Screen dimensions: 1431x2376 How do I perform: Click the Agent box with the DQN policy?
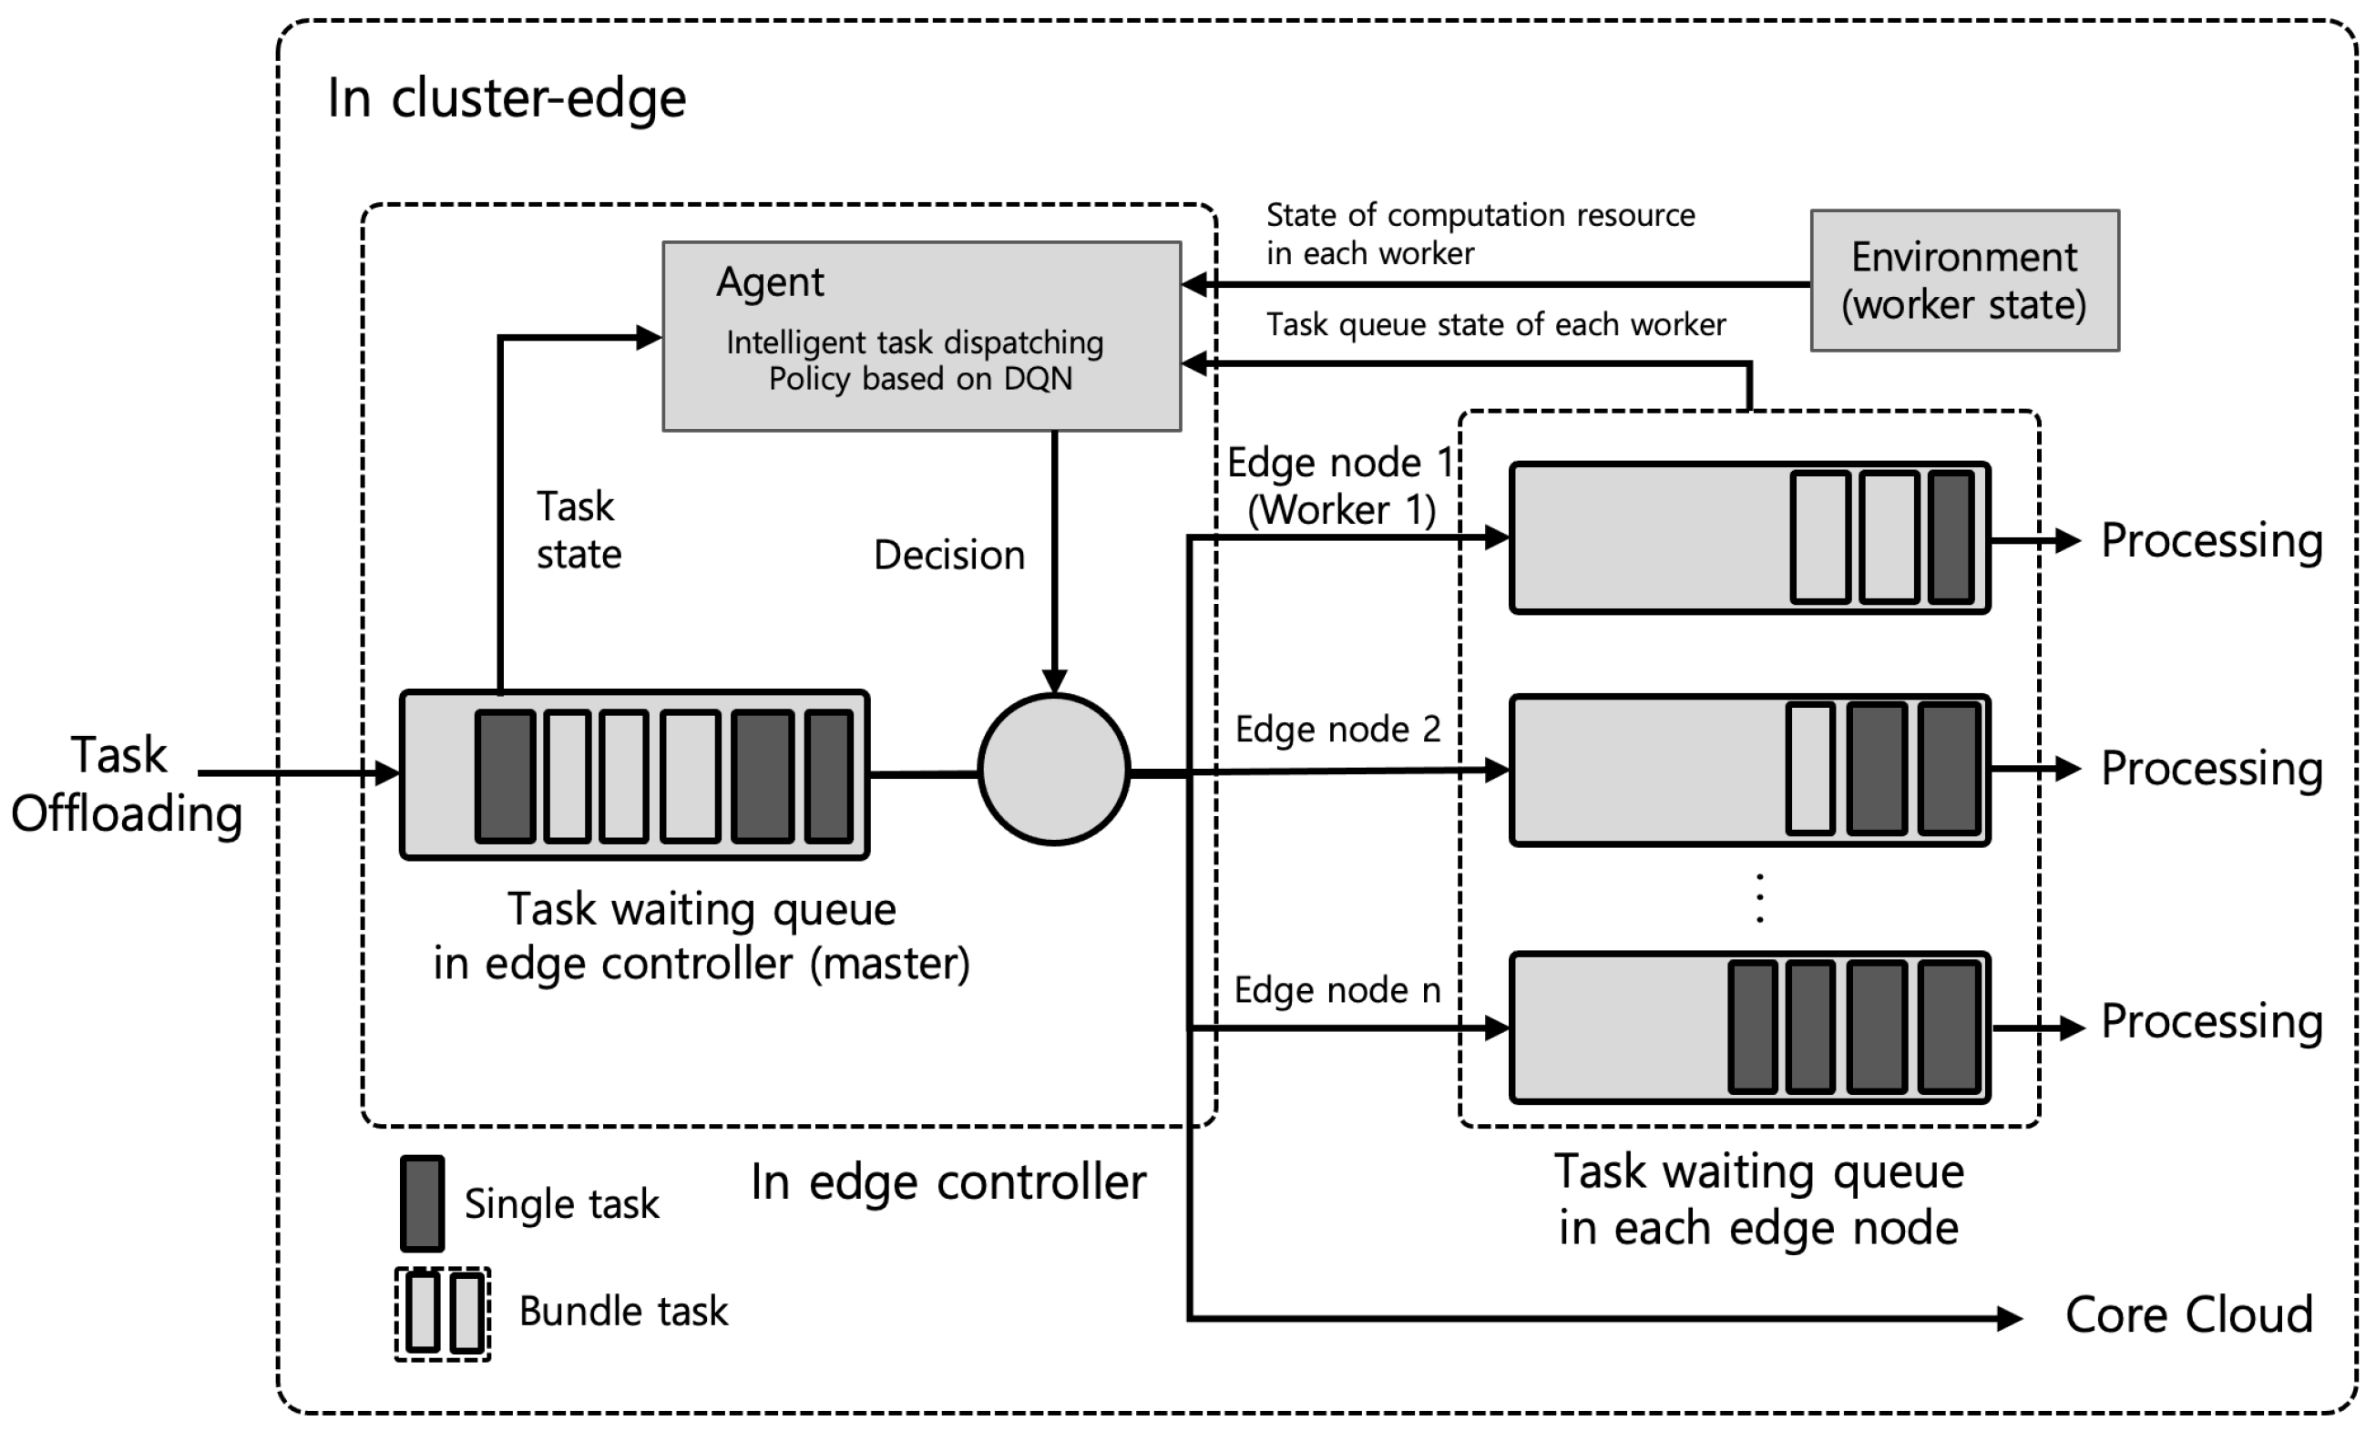tap(921, 335)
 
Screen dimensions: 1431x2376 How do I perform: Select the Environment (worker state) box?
tap(1963, 281)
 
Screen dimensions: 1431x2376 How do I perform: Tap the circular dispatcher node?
tap(1053, 770)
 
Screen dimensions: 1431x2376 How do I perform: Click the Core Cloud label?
tap(2188, 1314)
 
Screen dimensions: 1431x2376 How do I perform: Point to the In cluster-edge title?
tap(507, 98)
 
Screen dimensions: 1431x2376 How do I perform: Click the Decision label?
tap(949, 556)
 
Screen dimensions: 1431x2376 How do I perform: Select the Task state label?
tap(579, 530)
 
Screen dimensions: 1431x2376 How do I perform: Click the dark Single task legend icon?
tap(423, 1202)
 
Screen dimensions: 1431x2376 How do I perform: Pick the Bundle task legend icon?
tap(443, 1313)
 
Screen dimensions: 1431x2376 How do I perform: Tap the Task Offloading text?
tap(126, 784)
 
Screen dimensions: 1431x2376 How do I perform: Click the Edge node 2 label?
tap(1337, 730)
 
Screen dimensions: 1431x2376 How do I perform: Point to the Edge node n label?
tap(1336, 990)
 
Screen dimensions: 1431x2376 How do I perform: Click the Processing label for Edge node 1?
tap(2211, 540)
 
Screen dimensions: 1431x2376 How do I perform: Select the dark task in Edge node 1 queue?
tap(1951, 538)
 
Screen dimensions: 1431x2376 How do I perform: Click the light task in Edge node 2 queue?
tap(1810, 770)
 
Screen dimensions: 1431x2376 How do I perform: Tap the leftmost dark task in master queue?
tap(505, 775)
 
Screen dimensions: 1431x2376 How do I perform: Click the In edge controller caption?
tap(947, 1182)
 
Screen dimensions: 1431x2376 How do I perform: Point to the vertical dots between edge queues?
tap(1760, 899)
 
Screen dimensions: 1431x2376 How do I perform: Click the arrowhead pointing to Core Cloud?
tap(2010, 1317)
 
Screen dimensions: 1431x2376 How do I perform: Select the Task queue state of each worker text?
tap(1495, 325)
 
